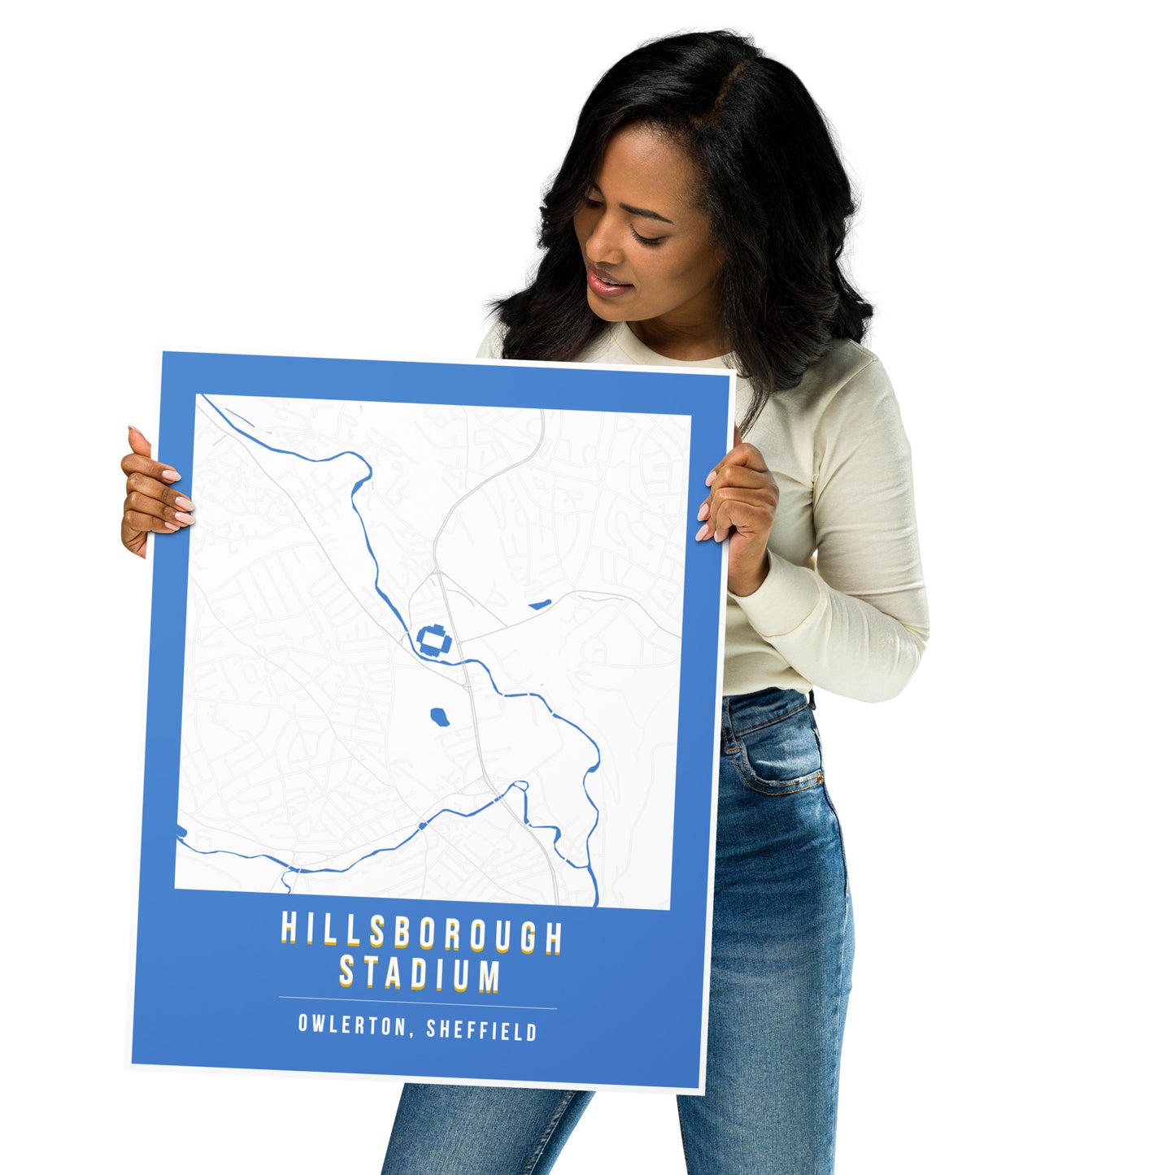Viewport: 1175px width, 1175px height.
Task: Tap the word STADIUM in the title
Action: point(419,974)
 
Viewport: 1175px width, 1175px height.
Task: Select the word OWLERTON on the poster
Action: point(350,1025)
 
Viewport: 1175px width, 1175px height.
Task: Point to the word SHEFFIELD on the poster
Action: point(481,1030)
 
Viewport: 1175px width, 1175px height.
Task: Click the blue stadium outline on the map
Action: point(434,640)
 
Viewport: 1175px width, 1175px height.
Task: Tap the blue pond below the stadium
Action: point(439,717)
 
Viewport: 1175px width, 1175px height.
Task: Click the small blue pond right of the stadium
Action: point(537,604)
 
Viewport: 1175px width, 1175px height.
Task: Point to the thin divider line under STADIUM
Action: point(417,1003)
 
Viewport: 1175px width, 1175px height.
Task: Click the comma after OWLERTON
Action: point(411,1034)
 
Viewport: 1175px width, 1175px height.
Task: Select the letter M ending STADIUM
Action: point(488,977)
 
